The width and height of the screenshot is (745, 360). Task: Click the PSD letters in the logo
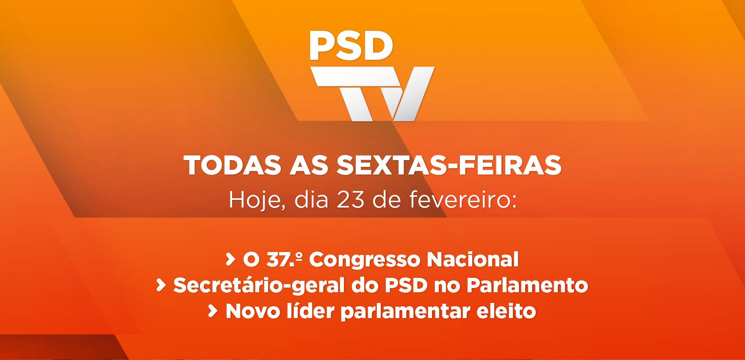[x=351, y=45]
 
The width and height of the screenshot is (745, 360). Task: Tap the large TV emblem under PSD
[x=372, y=94]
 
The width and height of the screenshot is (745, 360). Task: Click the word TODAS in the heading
[x=233, y=165]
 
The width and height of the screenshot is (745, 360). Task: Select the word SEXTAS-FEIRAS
[x=449, y=165]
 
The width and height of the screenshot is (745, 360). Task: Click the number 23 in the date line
[x=350, y=200]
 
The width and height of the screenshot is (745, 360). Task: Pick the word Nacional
[x=473, y=259]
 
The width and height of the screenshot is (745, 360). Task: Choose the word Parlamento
[x=527, y=285]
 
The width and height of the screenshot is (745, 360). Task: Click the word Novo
[x=253, y=311]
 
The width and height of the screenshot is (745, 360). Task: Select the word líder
[x=311, y=311]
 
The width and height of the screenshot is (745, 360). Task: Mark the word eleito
[x=507, y=311]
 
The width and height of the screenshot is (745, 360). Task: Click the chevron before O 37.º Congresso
[x=230, y=259]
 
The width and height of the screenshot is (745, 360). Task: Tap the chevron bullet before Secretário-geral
[x=161, y=285]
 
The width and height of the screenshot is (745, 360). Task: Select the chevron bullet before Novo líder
[x=213, y=311]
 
